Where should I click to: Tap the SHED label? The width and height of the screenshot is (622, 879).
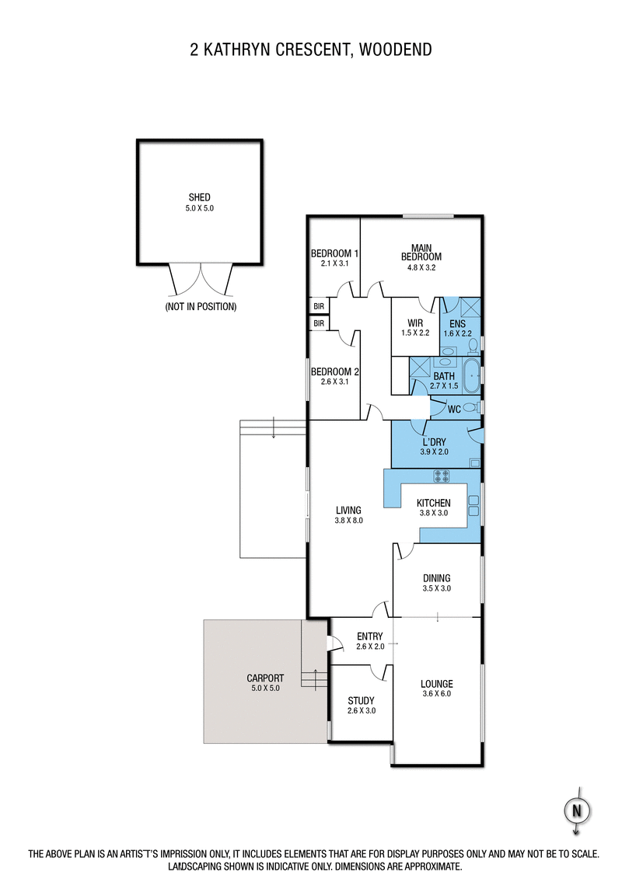click(x=200, y=197)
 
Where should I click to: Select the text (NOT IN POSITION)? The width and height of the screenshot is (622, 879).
click(x=200, y=307)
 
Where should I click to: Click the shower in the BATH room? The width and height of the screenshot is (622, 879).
click(x=420, y=367)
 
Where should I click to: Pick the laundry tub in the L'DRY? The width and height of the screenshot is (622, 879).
click(x=474, y=462)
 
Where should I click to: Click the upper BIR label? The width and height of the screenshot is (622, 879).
click(x=319, y=306)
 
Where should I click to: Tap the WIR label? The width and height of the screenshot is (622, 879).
click(x=414, y=323)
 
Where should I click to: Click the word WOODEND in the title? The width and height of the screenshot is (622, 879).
click(x=393, y=51)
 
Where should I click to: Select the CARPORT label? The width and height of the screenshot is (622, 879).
click(x=265, y=678)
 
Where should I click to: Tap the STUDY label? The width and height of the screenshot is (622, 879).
click(x=362, y=699)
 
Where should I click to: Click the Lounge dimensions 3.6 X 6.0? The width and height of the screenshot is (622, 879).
click(x=436, y=693)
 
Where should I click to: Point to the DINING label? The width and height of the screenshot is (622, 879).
click(x=436, y=578)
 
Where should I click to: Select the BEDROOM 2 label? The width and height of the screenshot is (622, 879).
click(x=334, y=371)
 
